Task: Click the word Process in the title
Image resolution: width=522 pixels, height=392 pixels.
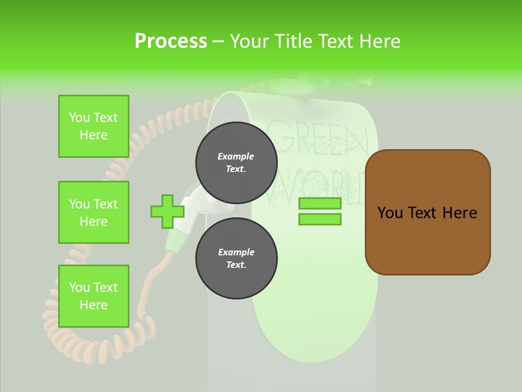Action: click(x=171, y=41)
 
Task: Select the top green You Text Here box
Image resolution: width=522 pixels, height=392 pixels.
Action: click(x=94, y=126)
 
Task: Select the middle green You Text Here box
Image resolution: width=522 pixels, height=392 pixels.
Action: click(x=94, y=212)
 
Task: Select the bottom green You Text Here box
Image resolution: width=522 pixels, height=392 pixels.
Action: click(x=94, y=296)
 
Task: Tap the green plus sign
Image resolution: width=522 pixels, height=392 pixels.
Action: click(x=167, y=211)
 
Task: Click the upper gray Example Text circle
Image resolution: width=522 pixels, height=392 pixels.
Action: click(x=236, y=163)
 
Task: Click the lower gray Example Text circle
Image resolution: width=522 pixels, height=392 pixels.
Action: click(x=236, y=259)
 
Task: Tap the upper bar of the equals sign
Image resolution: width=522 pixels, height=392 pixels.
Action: click(x=320, y=203)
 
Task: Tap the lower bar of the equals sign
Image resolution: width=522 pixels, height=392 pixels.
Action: click(x=320, y=219)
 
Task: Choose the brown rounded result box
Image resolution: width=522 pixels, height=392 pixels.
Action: click(x=427, y=212)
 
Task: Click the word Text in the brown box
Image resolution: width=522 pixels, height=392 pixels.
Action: click(x=422, y=213)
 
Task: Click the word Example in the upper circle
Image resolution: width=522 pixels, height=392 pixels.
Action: click(x=236, y=156)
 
